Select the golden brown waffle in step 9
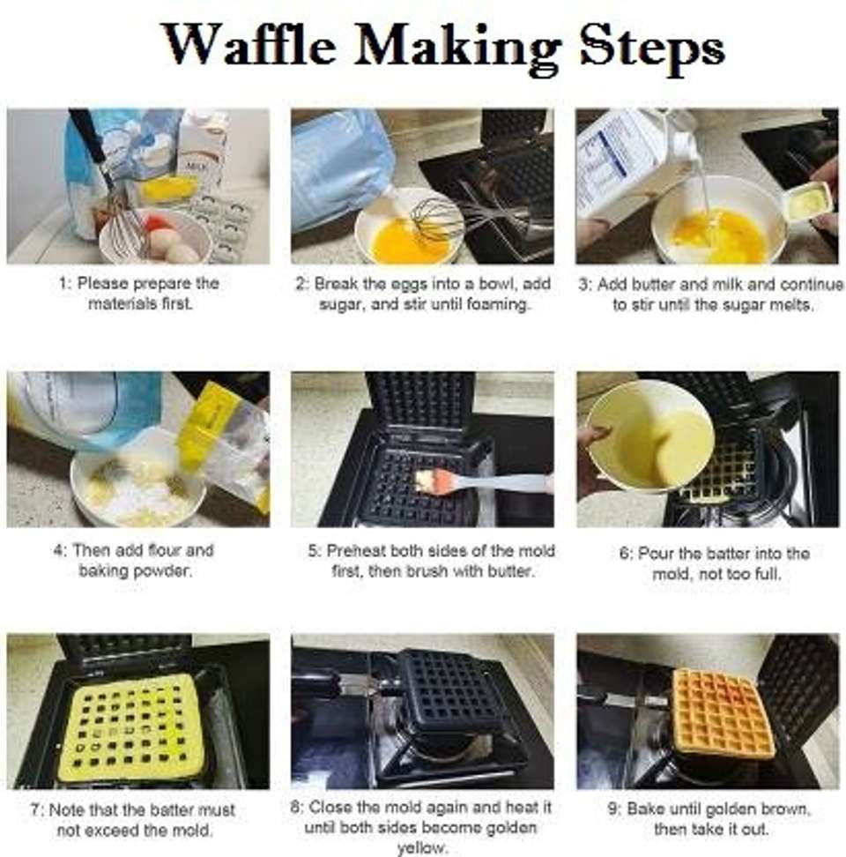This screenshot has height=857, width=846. point(724,714)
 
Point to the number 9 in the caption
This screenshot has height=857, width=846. point(613,809)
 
